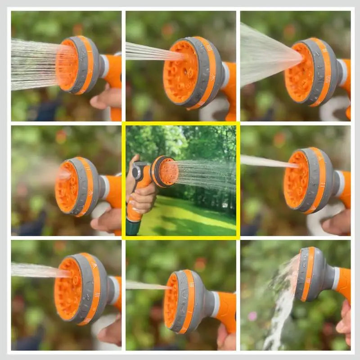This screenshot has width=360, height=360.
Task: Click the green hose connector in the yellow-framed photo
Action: pyautogui.click(x=133, y=227)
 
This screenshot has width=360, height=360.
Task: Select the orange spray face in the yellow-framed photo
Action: pyautogui.click(x=168, y=171)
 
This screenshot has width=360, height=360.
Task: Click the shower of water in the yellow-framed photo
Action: pyautogui.click(x=205, y=173)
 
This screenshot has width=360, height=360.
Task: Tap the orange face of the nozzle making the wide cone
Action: pyautogui.click(x=299, y=72)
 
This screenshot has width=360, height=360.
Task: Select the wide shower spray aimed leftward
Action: pyautogui.click(x=34, y=63)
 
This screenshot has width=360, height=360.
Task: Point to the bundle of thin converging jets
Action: pyautogui.click(x=151, y=52)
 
